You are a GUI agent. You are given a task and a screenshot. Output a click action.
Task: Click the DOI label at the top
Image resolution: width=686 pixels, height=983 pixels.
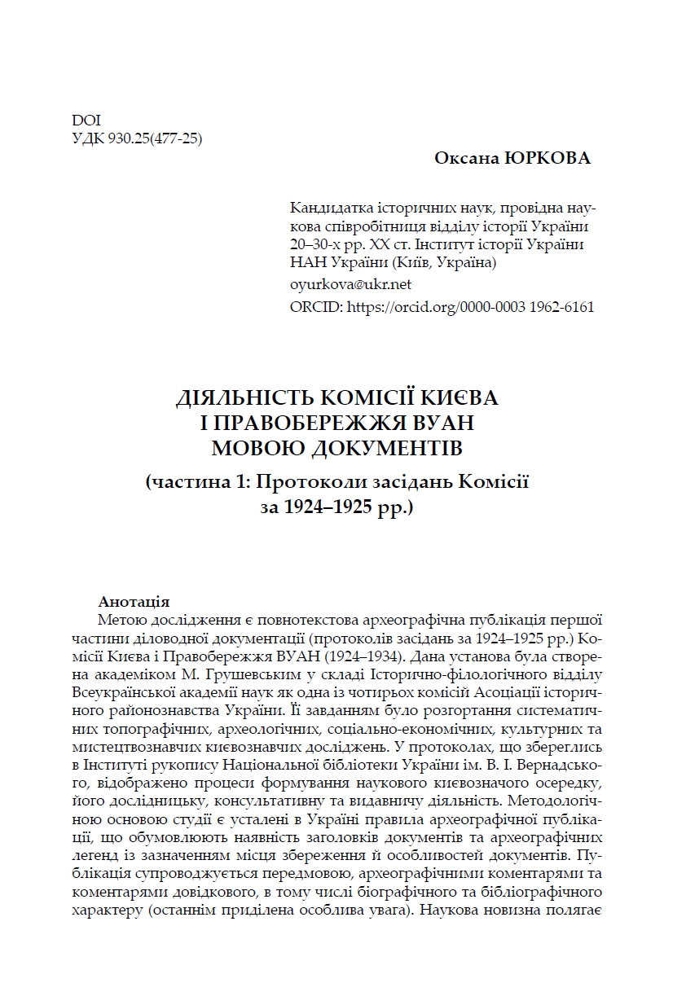click(x=86, y=120)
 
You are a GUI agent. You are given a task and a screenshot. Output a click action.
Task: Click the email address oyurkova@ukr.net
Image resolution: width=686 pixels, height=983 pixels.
click(x=350, y=284)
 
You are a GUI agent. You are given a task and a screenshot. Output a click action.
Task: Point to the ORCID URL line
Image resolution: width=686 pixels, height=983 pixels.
click(x=442, y=307)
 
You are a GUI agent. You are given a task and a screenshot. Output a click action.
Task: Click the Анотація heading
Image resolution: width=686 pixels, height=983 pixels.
click(x=133, y=602)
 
